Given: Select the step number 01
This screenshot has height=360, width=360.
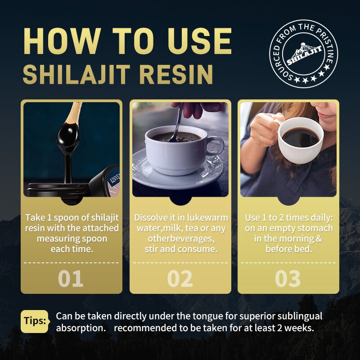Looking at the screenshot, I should [x=71, y=279].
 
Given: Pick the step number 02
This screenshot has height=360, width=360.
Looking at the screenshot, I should [x=180, y=279].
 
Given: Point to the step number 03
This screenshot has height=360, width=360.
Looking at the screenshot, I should [x=288, y=279].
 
